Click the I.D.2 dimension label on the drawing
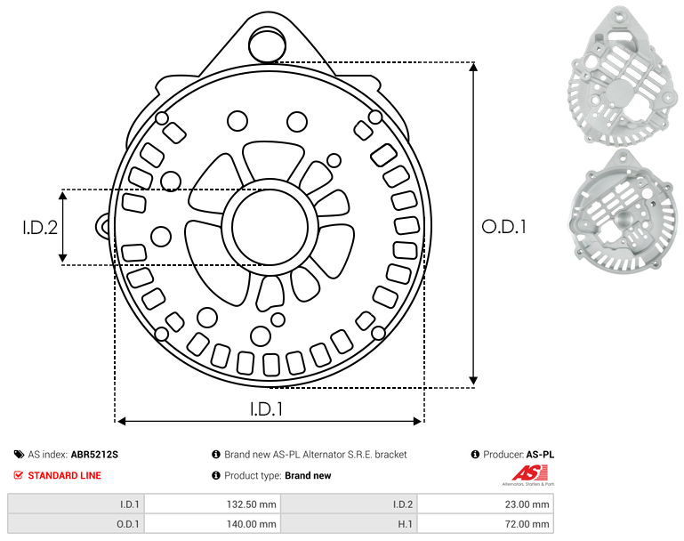coord(40,228)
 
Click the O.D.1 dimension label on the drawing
coord(503,227)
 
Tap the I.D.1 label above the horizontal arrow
coord(266,408)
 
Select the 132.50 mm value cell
coord(212,504)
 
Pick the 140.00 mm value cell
coord(212,523)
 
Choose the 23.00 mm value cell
coord(485,504)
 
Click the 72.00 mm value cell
coord(485,523)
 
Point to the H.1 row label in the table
coord(406,524)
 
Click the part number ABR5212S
coord(94,455)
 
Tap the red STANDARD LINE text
coord(64,475)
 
